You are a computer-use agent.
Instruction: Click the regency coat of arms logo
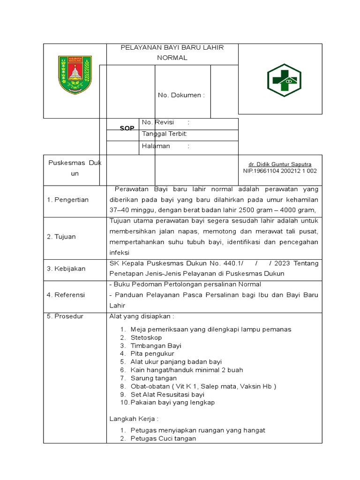click(x=75, y=74)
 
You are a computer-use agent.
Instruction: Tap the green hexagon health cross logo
click(x=284, y=80)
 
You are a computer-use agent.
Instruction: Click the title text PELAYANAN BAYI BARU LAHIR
click(x=172, y=47)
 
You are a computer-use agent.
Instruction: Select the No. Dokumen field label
click(x=181, y=95)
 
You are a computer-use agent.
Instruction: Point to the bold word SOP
click(x=127, y=128)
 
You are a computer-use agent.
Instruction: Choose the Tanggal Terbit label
click(x=165, y=134)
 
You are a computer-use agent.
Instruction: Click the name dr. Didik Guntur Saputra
click(x=280, y=164)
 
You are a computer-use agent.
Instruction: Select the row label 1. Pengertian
click(x=67, y=200)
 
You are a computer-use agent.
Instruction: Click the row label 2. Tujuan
click(x=61, y=237)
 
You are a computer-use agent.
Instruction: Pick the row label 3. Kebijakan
click(x=66, y=269)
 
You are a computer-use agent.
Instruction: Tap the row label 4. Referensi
click(x=66, y=295)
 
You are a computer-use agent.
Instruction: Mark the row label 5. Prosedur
click(x=65, y=316)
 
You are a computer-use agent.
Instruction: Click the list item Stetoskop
click(x=146, y=337)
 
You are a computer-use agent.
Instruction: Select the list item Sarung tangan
click(x=154, y=378)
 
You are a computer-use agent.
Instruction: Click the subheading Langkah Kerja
click(x=134, y=418)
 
